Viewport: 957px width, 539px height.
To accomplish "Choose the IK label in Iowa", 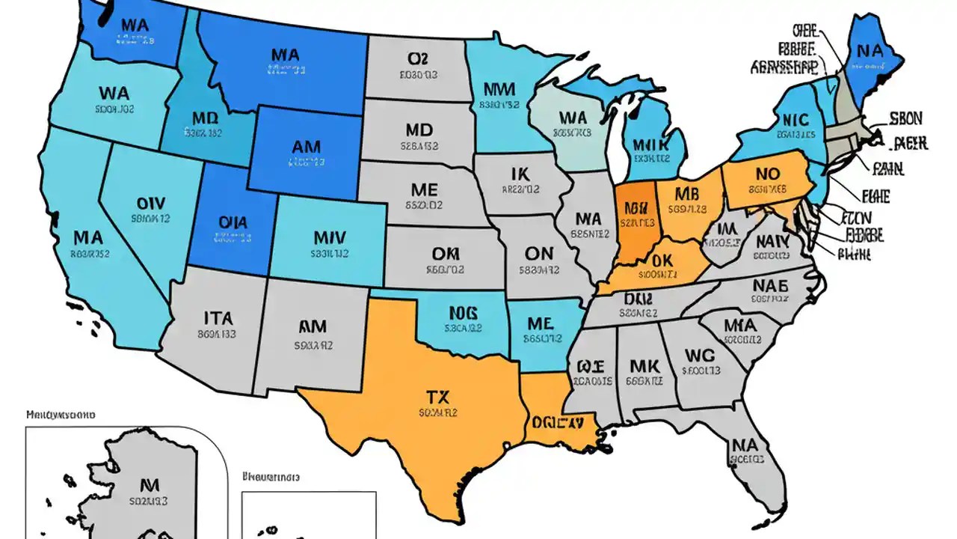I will (520, 174).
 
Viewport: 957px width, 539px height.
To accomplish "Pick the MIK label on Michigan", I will (648, 144).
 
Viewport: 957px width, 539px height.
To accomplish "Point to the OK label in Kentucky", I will (662, 260).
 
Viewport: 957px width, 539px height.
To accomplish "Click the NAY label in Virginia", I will (773, 242).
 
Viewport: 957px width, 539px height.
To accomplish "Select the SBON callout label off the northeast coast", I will (905, 118).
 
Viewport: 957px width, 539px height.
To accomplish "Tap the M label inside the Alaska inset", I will (147, 484).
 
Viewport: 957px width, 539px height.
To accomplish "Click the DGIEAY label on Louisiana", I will (557, 422).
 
